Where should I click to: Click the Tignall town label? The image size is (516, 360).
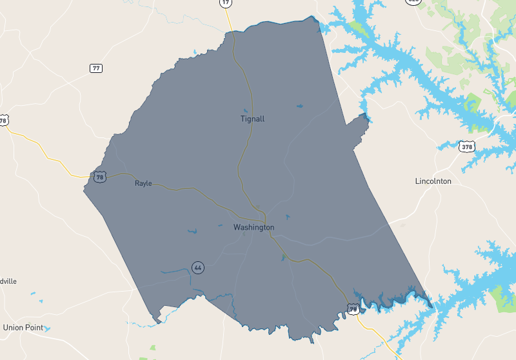point(252,119)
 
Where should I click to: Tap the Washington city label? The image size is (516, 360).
point(253,227)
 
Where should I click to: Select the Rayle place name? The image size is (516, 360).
point(143,183)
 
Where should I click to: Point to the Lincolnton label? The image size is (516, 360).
point(433,181)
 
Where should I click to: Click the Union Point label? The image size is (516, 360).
point(23,327)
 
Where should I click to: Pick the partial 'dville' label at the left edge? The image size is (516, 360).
point(8,281)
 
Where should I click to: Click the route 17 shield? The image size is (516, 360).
point(225,3)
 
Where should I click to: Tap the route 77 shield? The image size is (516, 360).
point(96,68)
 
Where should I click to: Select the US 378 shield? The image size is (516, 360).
point(466,147)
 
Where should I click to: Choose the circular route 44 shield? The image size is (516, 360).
point(197,267)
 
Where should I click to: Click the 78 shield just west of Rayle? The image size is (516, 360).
point(99,176)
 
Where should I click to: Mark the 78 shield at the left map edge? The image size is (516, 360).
point(4,120)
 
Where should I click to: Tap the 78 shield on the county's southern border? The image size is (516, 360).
point(353,310)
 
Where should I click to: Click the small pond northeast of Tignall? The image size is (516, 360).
point(299,106)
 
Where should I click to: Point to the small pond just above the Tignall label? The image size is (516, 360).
point(245,110)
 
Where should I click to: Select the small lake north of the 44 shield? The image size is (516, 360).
point(192,230)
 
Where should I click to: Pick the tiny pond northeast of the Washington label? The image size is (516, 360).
point(287,217)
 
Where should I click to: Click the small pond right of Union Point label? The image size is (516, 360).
point(47,328)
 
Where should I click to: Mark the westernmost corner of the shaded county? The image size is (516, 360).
point(84,190)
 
